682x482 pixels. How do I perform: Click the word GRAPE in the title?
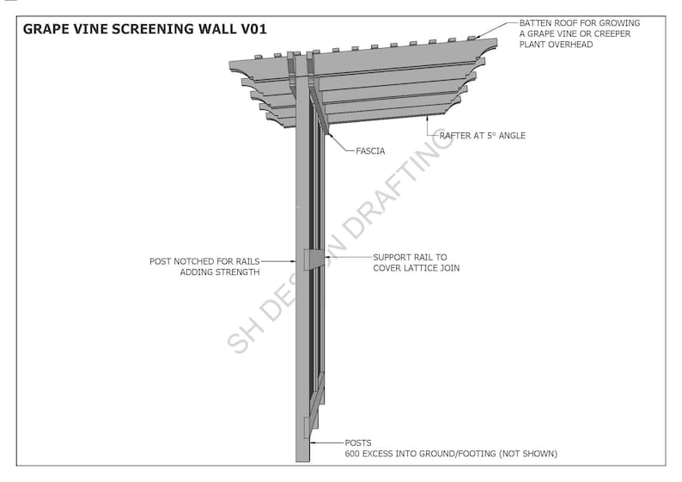(x=46, y=29)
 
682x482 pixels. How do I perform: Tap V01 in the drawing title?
(x=253, y=29)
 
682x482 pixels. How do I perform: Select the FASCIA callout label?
(x=370, y=151)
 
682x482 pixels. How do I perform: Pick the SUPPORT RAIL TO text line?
(x=410, y=257)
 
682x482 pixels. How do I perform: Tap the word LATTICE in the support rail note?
(x=423, y=269)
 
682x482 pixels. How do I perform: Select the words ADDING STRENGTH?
(x=219, y=272)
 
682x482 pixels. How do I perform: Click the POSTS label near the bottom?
(x=358, y=442)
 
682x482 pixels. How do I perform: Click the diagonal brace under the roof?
(x=319, y=107)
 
